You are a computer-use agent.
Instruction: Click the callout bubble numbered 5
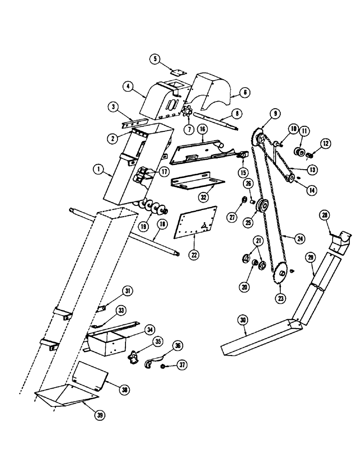(155, 59)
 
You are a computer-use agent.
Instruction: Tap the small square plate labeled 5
(177, 72)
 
